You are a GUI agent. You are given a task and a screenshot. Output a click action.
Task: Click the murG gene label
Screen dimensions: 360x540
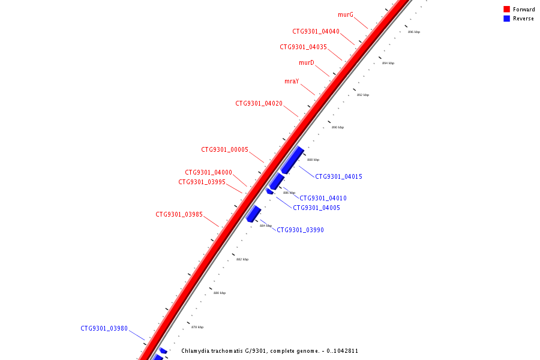pyautogui.click(x=346, y=14)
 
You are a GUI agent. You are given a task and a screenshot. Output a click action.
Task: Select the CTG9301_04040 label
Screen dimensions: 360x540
pyautogui.click(x=316, y=31)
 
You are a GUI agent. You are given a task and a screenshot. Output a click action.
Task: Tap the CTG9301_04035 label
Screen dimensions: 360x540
pyautogui.click(x=303, y=47)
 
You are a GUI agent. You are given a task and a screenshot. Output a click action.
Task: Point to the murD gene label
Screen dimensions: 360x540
pyautogui.click(x=307, y=62)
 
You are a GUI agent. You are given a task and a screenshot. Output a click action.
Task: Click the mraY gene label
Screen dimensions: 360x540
pyautogui.click(x=292, y=81)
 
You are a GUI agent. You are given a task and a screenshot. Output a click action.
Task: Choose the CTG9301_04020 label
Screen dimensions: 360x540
pyautogui.click(x=259, y=103)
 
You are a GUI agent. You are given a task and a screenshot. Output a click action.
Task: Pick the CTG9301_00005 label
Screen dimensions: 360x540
pyautogui.click(x=224, y=149)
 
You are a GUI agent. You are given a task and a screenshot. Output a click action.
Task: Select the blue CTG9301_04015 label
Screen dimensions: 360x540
pyautogui.click(x=338, y=176)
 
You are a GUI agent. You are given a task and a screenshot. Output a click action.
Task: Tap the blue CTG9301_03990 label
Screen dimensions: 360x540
pyautogui.click(x=300, y=230)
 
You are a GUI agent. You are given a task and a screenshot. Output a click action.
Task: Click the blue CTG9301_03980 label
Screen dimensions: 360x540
pyautogui.click(x=104, y=328)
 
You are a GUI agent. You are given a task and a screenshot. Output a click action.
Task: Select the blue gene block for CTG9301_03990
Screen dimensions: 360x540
pyautogui.click(x=253, y=214)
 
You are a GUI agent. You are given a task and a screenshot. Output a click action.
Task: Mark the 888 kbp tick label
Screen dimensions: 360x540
pyautogui.click(x=313, y=160)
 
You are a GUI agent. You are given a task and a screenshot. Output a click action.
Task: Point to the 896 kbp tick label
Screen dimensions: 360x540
pyautogui.click(x=414, y=32)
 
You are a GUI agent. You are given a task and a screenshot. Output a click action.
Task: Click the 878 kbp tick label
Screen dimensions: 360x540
pyautogui.click(x=197, y=327)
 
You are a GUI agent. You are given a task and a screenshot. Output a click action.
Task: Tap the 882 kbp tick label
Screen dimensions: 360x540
pyautogui.click(x=242, y=259)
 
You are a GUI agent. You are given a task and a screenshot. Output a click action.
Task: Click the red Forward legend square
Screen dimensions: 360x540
pyautogui.click(x=506, y=10)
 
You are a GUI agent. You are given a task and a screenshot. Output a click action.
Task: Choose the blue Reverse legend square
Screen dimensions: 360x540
pyautogui.click(x=506, y=19)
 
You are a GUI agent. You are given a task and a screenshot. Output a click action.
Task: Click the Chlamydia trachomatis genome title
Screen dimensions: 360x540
pyautogui.click(x=269, y=350)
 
